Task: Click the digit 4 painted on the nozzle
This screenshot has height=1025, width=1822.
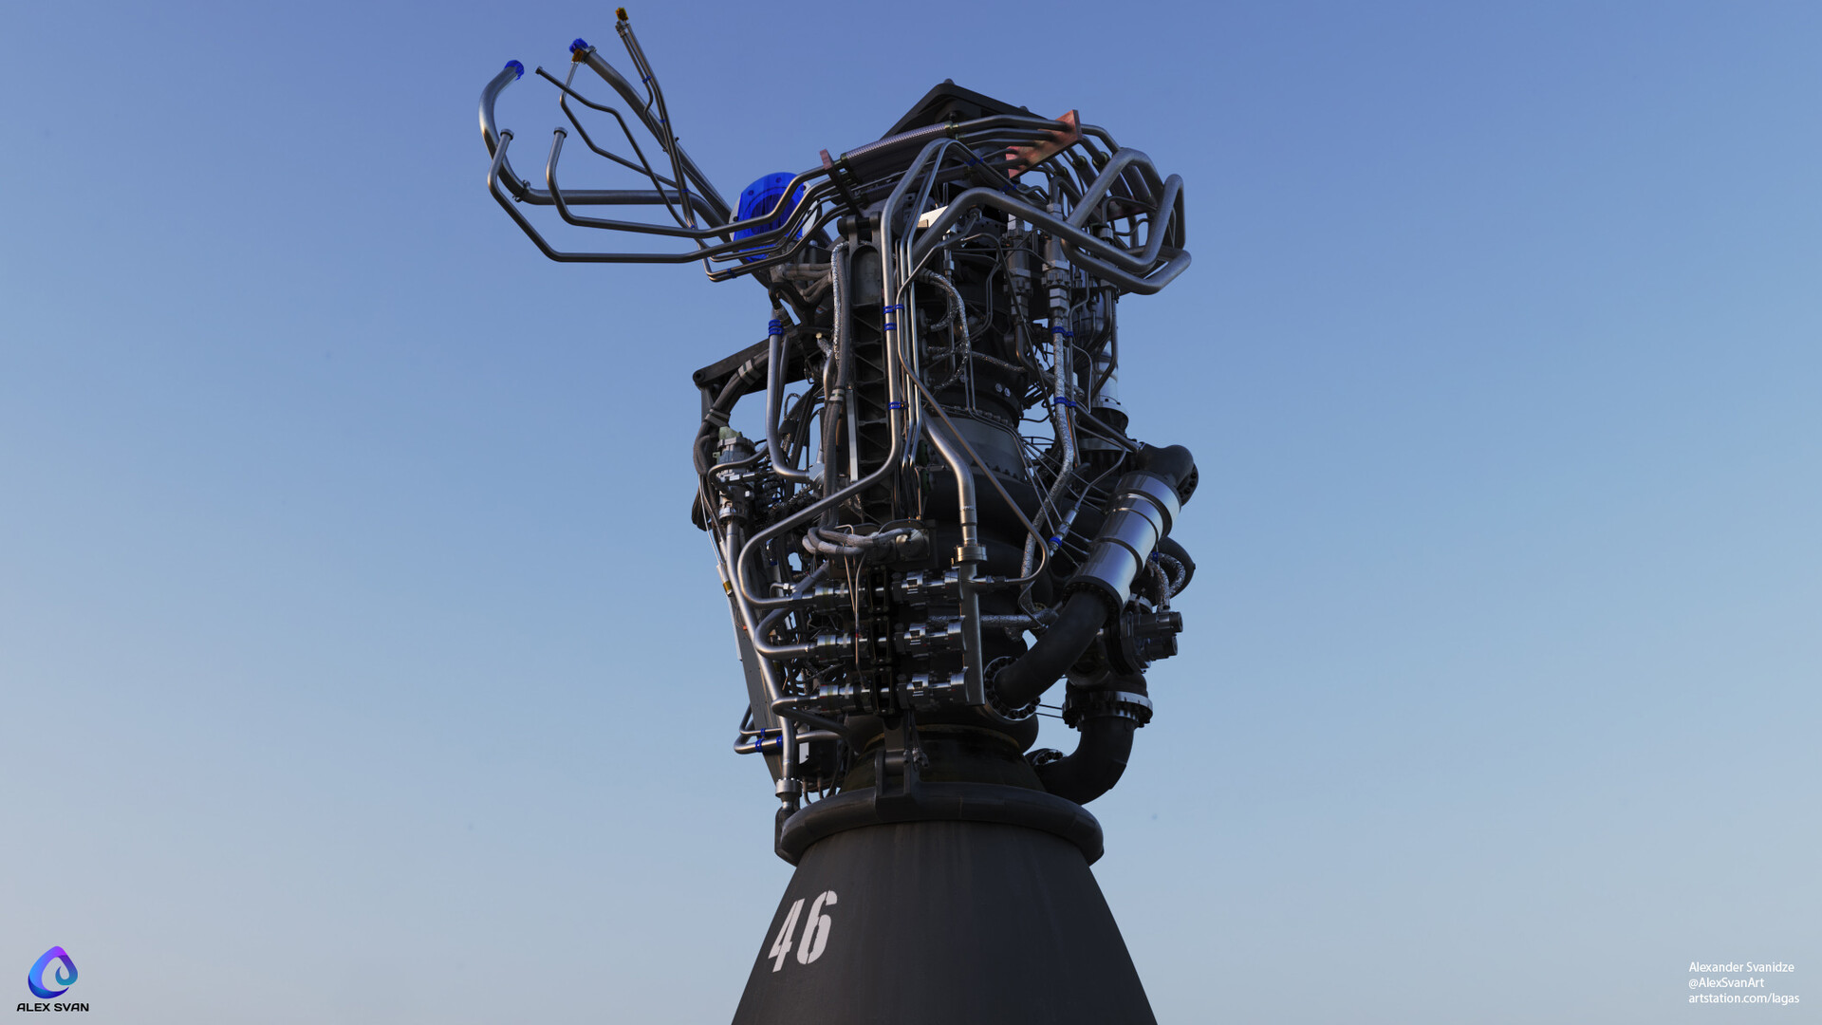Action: click(785, 936)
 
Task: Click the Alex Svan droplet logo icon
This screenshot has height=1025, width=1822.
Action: click(52, 972)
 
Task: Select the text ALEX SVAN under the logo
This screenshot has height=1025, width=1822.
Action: click(52, 1007)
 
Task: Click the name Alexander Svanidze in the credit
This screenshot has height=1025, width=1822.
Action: click(1740, 967)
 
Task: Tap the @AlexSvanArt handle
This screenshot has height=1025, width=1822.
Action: click(1725, 982)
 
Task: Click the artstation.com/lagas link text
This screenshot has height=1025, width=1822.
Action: click(1743, 997)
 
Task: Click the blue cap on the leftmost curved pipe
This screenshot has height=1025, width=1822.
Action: click(513, 68)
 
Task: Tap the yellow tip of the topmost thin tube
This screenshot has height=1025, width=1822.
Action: click(622, 14)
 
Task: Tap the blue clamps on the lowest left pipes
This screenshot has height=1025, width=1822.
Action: click(765, 739)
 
